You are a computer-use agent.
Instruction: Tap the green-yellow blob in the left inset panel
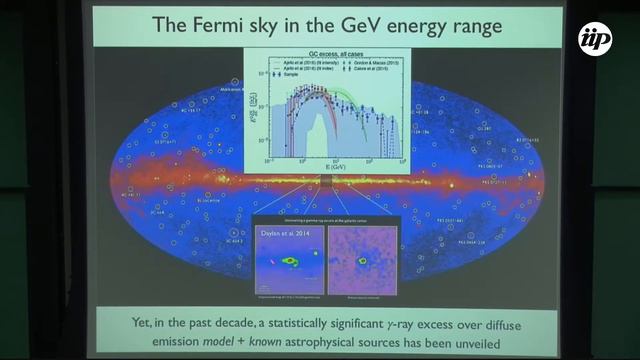pos(291,261)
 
